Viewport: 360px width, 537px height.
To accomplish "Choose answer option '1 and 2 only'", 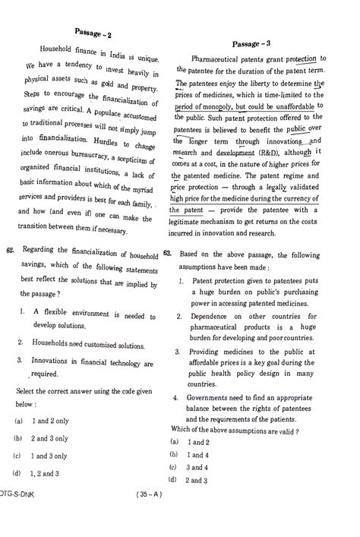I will coord(50,420).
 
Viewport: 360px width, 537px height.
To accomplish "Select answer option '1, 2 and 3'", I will coord(46,474).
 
